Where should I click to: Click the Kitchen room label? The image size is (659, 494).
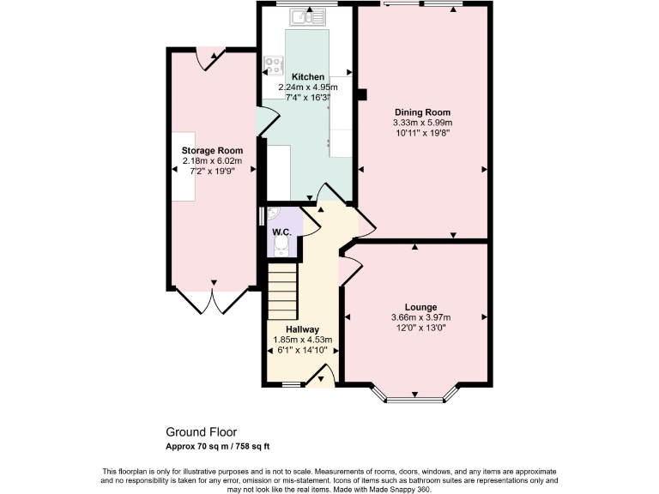(x=307, y=76)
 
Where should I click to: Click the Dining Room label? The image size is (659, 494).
(x=422, y=112)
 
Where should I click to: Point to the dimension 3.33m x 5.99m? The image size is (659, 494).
(x=422, y=123)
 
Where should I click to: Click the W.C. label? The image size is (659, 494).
(x=281, y=232)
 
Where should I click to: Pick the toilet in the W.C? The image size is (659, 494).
(x=281, y=248)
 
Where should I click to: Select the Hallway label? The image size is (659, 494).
(x=302, y=329)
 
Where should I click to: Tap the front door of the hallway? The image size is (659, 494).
(x=321, y=376)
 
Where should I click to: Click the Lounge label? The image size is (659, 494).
(x=420, y=307)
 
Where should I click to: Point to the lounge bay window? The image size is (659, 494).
(x=415, y=396)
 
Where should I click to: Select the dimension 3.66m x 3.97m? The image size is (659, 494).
(x=420, y=317)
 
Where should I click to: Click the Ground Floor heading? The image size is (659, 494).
(x=201, y=432)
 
